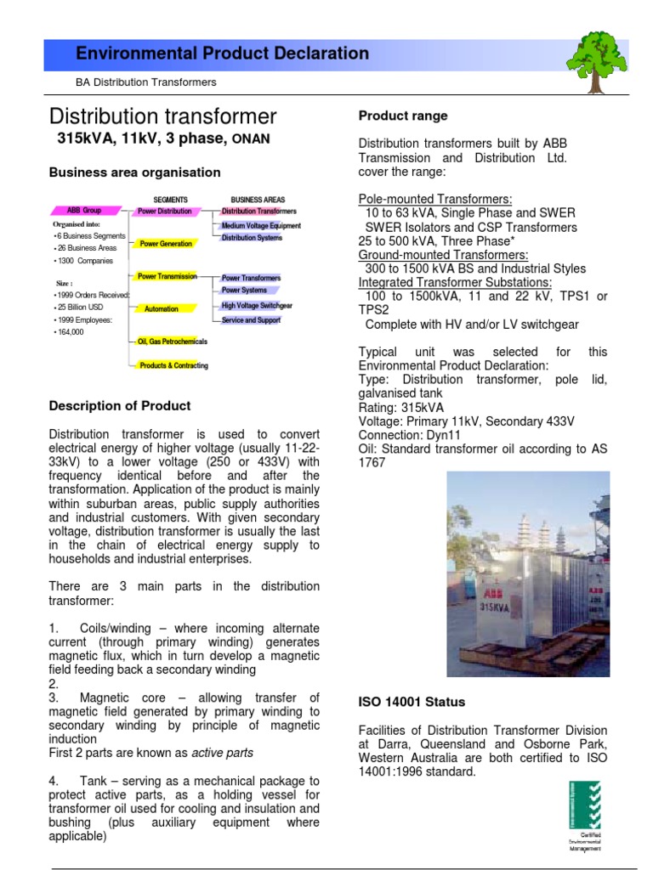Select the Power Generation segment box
pos(166,244)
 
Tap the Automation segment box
pos(162,309)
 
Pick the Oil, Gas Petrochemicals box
pos(173,342)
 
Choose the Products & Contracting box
pos(173,366)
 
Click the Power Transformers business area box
pos(251,278)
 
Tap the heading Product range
pos(403,116)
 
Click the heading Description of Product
pos(120,406)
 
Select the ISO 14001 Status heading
pos(412,702)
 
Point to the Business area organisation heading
pos(134,172)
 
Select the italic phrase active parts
pos(222,753)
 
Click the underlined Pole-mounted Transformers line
pos(435,199)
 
